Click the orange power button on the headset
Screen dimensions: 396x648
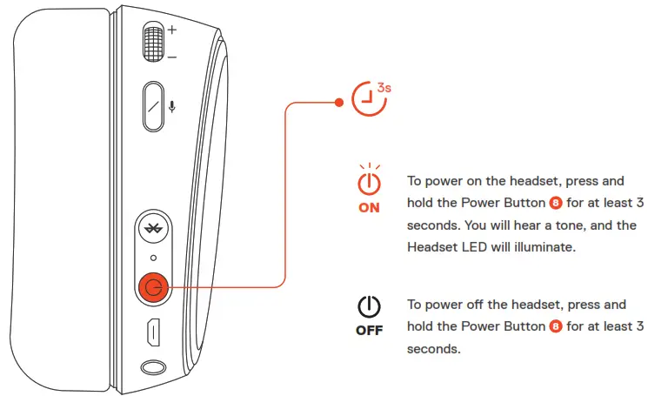pyautogui.click(x=153, y=287)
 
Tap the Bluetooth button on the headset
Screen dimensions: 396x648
pyautogui.click(x=153, y=231)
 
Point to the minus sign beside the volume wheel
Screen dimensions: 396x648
pyautogui.click(x=171, y=57)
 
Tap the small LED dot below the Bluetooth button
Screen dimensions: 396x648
pyautogui.click(x=153, y=258)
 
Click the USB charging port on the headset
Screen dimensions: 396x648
pyautogui.click(x=153, y=332)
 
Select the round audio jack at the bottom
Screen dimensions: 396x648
pyautogui.click(x=153, y=368)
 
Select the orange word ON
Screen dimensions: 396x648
pyautogui.click(x=370, y=208)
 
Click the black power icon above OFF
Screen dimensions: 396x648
pyautogui.click(x=370, y=306)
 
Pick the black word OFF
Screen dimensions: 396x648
pyautogui.click(x=370, y=331)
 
